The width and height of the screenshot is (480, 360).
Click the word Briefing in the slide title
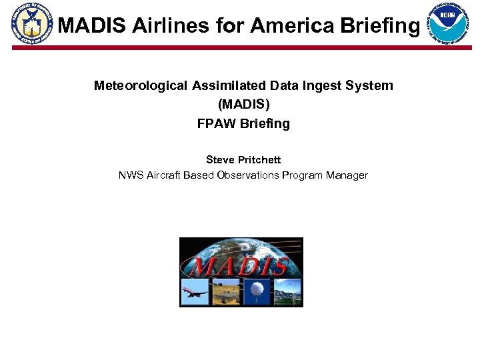(380, 26)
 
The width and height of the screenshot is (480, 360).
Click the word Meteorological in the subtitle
(141, 86)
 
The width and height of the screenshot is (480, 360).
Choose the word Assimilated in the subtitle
(229, 86)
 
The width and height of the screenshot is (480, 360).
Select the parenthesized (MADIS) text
(243, 105)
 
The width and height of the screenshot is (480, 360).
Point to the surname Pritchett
(259, 160)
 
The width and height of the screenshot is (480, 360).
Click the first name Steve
(221, 160)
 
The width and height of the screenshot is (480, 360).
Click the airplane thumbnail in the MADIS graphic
(195, 291)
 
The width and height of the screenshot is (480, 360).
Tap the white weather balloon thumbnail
(257, 291)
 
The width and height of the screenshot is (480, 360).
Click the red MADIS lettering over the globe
(240, 265)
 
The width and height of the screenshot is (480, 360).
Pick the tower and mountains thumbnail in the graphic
(287, 291)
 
